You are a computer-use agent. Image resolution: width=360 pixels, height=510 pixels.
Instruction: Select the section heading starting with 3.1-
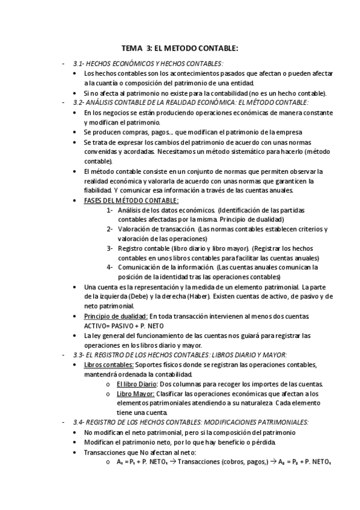pyautogui.click(x=148, y=63)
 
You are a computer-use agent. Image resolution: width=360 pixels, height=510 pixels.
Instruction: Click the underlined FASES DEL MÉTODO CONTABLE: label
pyautogui.click(x=131, y=200)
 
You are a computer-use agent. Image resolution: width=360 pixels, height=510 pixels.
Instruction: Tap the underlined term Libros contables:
pyautogui.click(x=109, y=365)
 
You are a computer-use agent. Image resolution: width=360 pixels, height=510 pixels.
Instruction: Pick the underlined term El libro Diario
pyautogui.click(x=136, y=384)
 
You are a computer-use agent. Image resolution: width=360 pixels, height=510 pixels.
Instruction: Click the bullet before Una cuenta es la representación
pyautogui.click(x=74, y=287)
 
